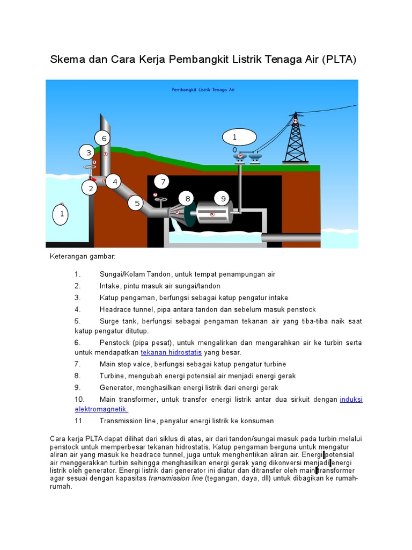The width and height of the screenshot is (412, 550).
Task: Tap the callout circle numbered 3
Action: pyautogui.click(x=89, y=153)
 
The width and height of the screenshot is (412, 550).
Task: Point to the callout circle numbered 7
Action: pyautogui.click(x=161, y=181)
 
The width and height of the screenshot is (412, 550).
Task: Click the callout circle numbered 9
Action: pyautogui.click(x=222, y=199)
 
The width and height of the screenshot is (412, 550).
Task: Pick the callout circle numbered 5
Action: pyautogui.click(x=137, y=203)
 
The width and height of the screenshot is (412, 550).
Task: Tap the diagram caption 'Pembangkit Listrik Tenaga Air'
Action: pyautogui.click(x=203, y=90)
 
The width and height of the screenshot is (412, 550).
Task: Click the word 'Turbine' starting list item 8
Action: pyautogui.click(x=113, y=375)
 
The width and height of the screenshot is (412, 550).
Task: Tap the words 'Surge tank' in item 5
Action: pyautogui.click(x=117, y=321)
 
